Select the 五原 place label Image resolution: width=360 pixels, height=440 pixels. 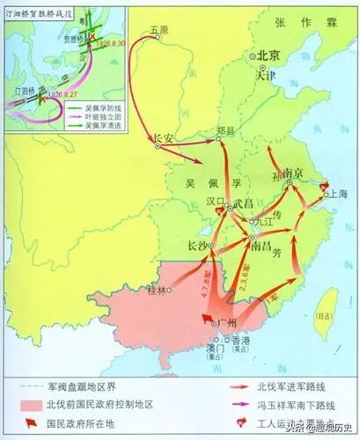[158, 30]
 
